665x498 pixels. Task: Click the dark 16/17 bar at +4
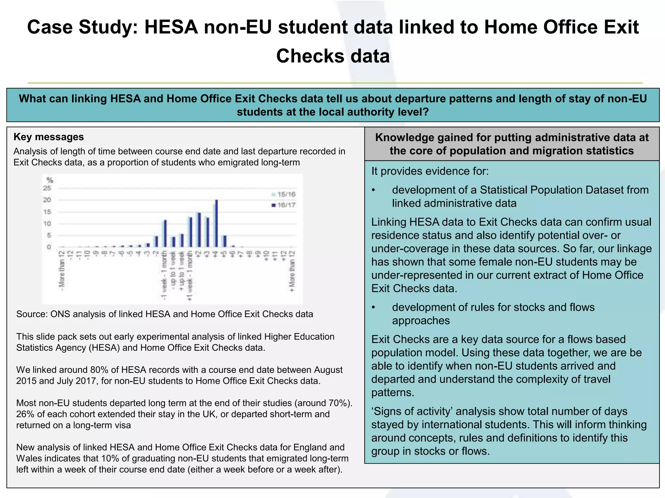[x=217, y=224]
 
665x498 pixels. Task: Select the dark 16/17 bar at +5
[x=225, y=241]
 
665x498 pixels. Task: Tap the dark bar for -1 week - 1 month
[x=165, y=233]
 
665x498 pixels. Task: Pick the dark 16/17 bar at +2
[x=199, y=230]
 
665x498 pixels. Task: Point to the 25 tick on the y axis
[x=47, y=188]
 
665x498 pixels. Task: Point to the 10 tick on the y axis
[x=47, y=224]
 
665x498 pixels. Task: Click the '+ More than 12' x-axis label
[x=292, y=271]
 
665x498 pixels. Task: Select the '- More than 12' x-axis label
[x=61, y=269]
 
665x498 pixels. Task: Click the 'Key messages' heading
[x=49, y=137]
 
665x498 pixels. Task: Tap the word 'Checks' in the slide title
[x=310, y=56]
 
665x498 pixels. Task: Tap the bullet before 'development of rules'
[x=374, y=307]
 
